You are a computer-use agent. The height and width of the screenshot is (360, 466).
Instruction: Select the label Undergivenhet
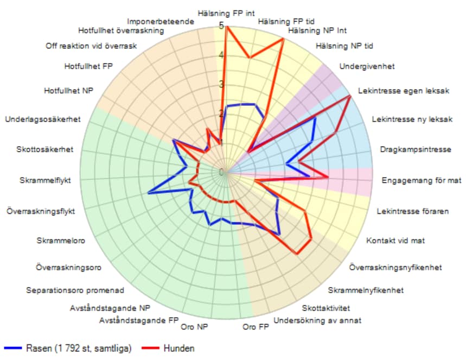tap(367, 66)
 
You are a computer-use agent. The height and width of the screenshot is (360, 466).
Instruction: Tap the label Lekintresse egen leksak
tap(405, 91)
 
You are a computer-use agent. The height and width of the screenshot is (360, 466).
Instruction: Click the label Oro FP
tap(256, 327)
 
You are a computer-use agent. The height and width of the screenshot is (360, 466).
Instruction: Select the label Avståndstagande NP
tap(110, 308)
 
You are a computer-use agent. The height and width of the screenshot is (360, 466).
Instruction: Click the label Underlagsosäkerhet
tap(42, 119)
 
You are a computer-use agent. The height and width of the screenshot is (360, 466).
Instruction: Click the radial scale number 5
tap(221, 26)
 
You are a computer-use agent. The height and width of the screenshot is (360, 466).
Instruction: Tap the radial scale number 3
tap(221, 84)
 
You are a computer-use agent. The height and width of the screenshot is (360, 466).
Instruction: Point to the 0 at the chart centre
tap(221, 172)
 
